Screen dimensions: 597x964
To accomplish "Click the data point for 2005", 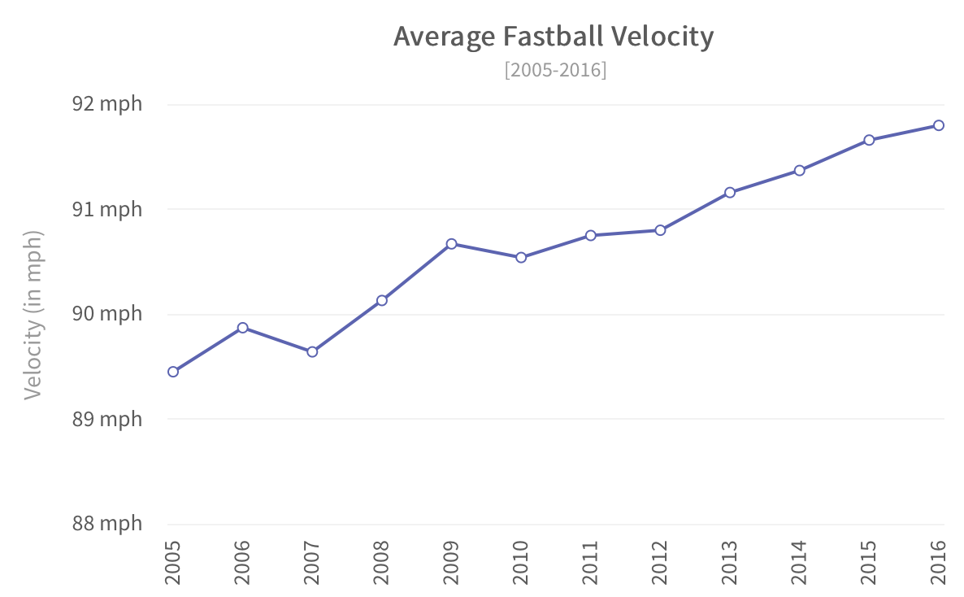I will (173, 372).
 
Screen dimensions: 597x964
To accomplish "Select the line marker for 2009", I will (451, 244).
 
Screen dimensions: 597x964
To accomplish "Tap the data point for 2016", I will (938, 125).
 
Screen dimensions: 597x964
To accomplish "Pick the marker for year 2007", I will (312, 352).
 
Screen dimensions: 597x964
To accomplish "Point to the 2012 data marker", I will (660, 230).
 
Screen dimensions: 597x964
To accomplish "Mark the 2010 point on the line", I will (521, 258).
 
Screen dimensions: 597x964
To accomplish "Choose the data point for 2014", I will (799, 171).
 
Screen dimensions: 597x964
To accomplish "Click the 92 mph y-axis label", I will (106, 104).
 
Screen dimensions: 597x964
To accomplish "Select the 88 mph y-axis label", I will (106, 523).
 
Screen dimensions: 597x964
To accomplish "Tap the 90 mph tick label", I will (106, 314).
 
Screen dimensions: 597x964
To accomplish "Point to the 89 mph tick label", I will (106, 419).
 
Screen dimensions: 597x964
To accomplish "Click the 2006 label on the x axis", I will (242, 562).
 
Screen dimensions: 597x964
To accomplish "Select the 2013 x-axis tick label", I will (729, 562).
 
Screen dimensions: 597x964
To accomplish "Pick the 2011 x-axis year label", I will (590, 562).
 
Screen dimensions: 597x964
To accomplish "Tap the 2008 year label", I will (381, 562).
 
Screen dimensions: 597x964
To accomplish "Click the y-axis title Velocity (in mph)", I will (33, 314).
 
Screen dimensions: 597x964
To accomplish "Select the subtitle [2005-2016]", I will (555, 70).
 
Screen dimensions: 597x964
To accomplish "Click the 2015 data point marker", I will (869, 140).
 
